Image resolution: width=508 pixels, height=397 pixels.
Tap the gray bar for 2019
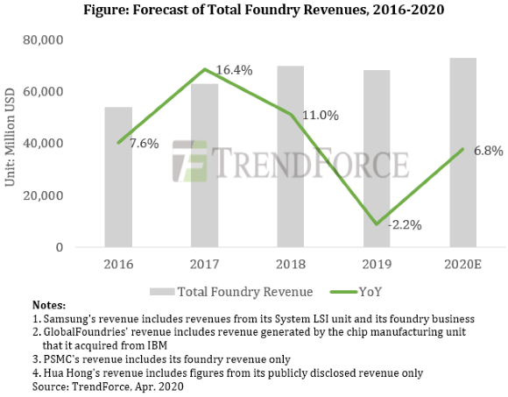(377, 159)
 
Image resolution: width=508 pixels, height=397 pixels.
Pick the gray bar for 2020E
(462, 152)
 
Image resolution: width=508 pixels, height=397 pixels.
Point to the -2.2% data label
(405, 224)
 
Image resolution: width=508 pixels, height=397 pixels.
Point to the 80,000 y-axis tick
(40, 40)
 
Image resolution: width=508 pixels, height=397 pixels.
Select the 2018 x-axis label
(290, 264)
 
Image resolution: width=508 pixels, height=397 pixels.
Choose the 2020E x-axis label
(462, 264)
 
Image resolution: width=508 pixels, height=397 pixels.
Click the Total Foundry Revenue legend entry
(218, 290)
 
